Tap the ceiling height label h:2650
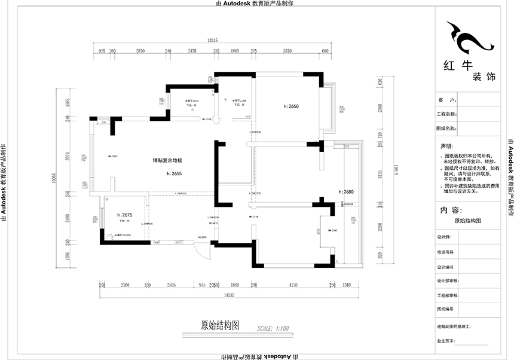(x=291, y=106)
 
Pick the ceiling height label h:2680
(x=345, y=192)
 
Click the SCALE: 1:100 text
(x=272, y=328)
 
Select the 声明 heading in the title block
(x=447, y=146)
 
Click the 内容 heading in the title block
(x=449, y=210)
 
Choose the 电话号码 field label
(x=445, y=252)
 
